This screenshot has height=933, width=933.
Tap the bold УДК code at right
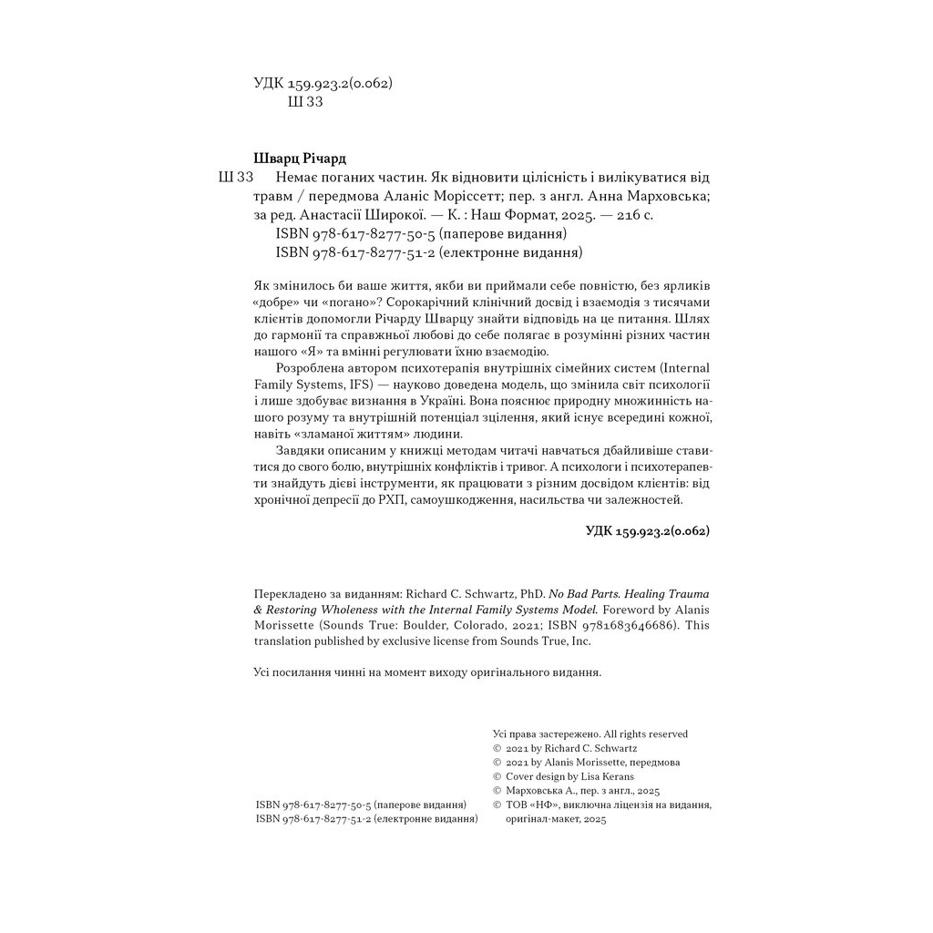(647, 530)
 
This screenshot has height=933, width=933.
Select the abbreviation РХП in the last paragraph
(387, 501)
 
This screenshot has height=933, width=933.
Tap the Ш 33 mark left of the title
(237, 177)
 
